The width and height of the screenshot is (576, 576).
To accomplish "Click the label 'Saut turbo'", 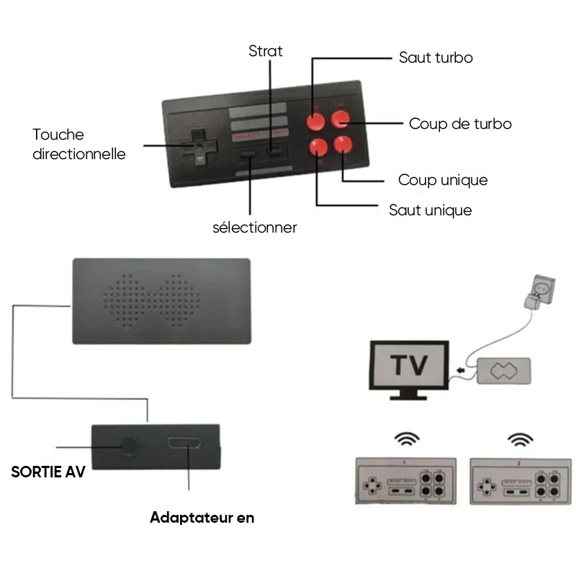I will [436, 58].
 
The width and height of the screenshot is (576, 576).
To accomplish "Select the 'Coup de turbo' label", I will [460, 124].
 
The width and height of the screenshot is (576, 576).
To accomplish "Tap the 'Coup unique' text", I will [443, 180].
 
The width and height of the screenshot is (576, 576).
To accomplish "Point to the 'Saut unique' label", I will [431, 210].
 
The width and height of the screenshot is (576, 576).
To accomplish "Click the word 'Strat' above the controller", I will [266, 51].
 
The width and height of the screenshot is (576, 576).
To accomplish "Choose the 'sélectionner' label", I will [255, 228].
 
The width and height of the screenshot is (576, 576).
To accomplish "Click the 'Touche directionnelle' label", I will [78, 144].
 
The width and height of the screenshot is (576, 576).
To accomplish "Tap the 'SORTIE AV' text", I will [48, 473].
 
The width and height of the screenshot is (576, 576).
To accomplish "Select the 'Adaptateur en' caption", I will [202, 517].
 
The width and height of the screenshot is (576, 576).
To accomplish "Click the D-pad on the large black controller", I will [197, 145].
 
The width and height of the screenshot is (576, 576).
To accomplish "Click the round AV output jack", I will [130, 446].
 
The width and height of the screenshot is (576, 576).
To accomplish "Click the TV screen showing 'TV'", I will [408, 366].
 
